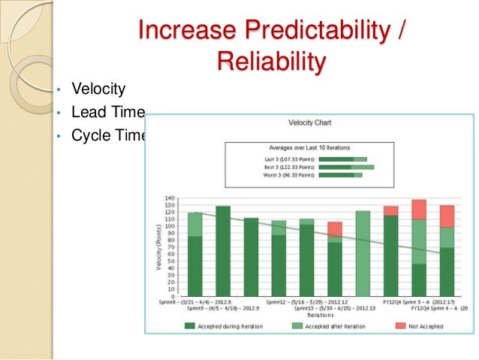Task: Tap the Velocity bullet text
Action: pyautogui.click(x=98, y=89)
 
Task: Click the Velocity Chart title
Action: pyautogui.click(x=309, y=122)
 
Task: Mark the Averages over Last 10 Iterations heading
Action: pyautogui.click(x=309, y=147)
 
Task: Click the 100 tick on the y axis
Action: pyautogui.click(x=170, y=226)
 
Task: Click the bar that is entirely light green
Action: pyautogui.click(x=363, y=253)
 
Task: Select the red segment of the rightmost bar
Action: pyautogui.click(x=447, y=216)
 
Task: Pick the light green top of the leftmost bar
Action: pyautogui.click(x=195, y=225)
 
